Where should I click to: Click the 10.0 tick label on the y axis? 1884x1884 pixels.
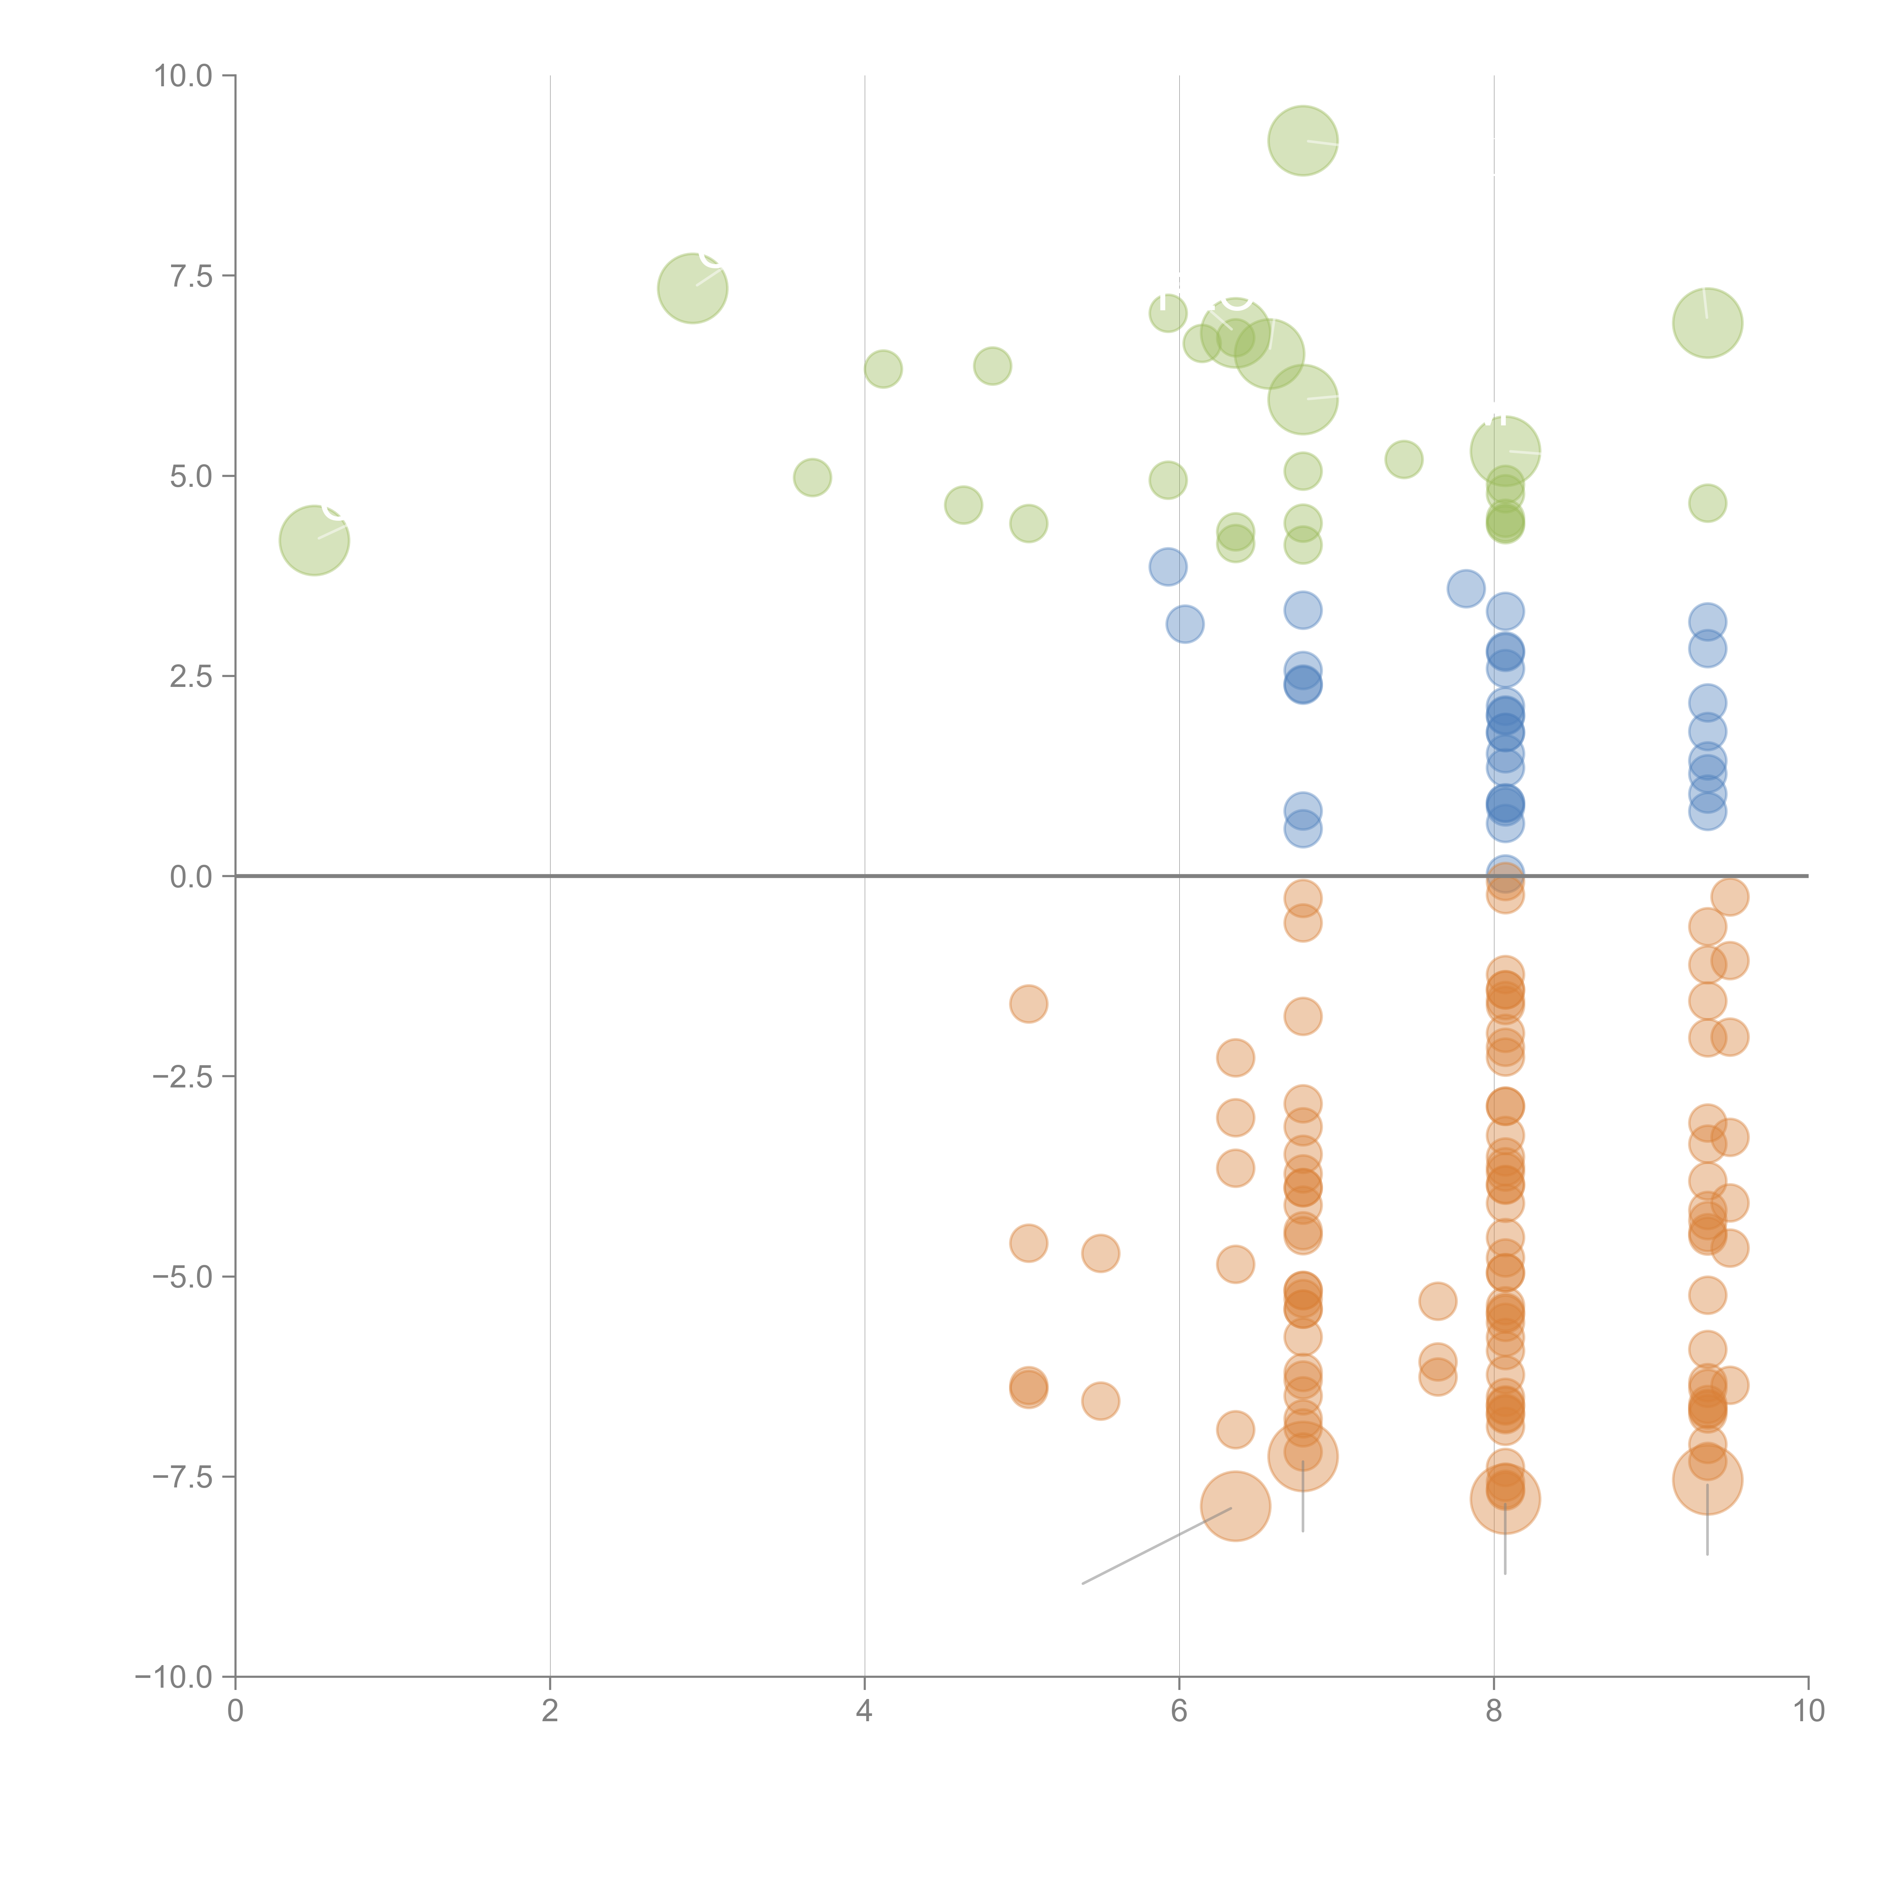point(184,76)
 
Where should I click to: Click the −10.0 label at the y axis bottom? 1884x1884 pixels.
point(174,1677)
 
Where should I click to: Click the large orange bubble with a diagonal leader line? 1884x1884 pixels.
point(1236,1506)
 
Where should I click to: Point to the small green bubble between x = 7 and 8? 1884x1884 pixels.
point(1403,459)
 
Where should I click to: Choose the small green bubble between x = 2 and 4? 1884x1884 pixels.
point(812,478)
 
